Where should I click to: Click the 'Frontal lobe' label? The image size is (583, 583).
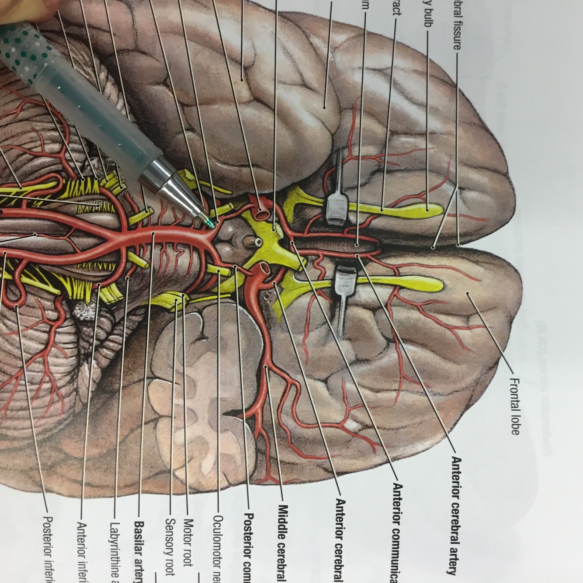pos(515,407)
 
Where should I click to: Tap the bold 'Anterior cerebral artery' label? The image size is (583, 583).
pos(455,516)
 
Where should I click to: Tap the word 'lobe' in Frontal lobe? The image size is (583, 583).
pos(515,424)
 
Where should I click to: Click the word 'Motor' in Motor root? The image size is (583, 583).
pos(188,531)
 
